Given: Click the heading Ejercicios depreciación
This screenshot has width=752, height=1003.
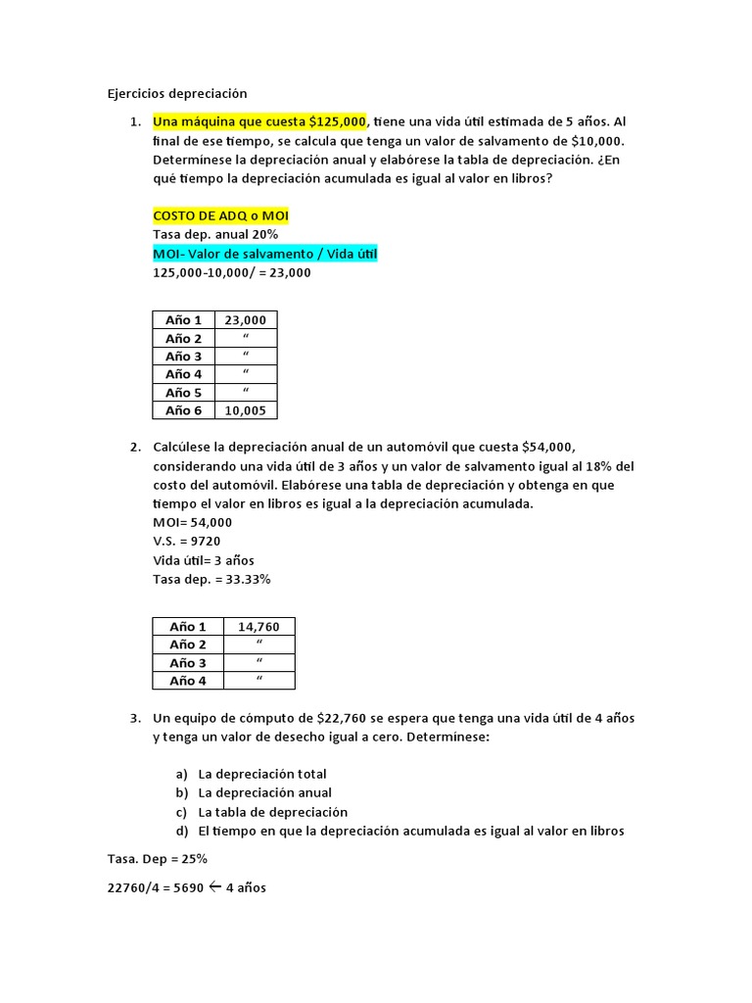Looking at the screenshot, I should coord(177,94).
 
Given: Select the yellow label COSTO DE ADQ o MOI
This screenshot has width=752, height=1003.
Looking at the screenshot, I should coord(221,215).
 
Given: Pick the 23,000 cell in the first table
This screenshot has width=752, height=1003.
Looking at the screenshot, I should coord(245,320).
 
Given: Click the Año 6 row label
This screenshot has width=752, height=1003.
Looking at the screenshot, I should coord(183,411).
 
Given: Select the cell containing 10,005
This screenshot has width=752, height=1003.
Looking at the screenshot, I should coord(245,411).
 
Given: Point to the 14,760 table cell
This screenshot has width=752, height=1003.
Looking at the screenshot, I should coord(259,626).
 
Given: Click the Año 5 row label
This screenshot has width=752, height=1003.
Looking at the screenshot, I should coord(183,393).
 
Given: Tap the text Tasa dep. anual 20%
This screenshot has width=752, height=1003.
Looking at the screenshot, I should coord(215,235).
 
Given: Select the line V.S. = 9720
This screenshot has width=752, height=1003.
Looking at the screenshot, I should coord(193,541).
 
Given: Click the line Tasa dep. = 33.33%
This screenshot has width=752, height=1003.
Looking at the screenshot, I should coord(211,579).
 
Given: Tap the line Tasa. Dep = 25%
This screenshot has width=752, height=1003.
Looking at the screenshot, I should coord(157,859).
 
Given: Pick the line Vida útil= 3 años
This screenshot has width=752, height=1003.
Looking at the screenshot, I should coord(204,560).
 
